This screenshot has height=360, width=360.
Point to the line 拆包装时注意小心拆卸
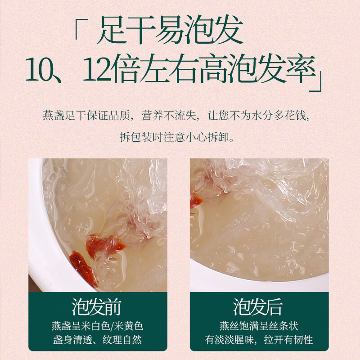(x=180, y=136)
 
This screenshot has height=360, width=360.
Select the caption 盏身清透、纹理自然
(x=97, y=340)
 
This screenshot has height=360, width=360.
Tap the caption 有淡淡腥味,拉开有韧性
(x=258, y=340)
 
